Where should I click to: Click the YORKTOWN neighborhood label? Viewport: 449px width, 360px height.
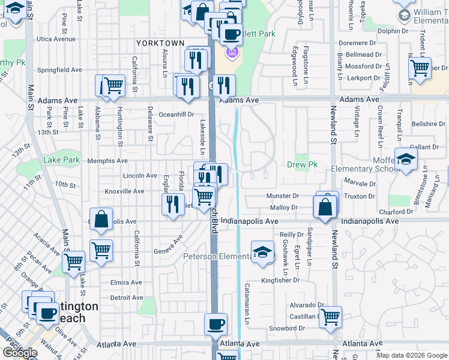160,43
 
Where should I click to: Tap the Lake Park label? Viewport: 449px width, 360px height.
62,160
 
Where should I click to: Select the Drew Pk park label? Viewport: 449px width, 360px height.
302,164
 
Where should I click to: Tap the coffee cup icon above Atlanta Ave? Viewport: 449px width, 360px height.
215,325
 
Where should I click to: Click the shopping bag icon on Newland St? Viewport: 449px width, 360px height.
325,207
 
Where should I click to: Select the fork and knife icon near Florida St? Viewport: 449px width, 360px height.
173,203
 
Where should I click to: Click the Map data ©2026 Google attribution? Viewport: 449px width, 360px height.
412,355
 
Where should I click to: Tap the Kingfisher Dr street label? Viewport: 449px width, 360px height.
280,280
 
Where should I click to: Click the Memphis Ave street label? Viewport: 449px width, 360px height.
107,161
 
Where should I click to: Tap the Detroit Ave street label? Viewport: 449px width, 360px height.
127,298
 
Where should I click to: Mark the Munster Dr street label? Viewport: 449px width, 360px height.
284,196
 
